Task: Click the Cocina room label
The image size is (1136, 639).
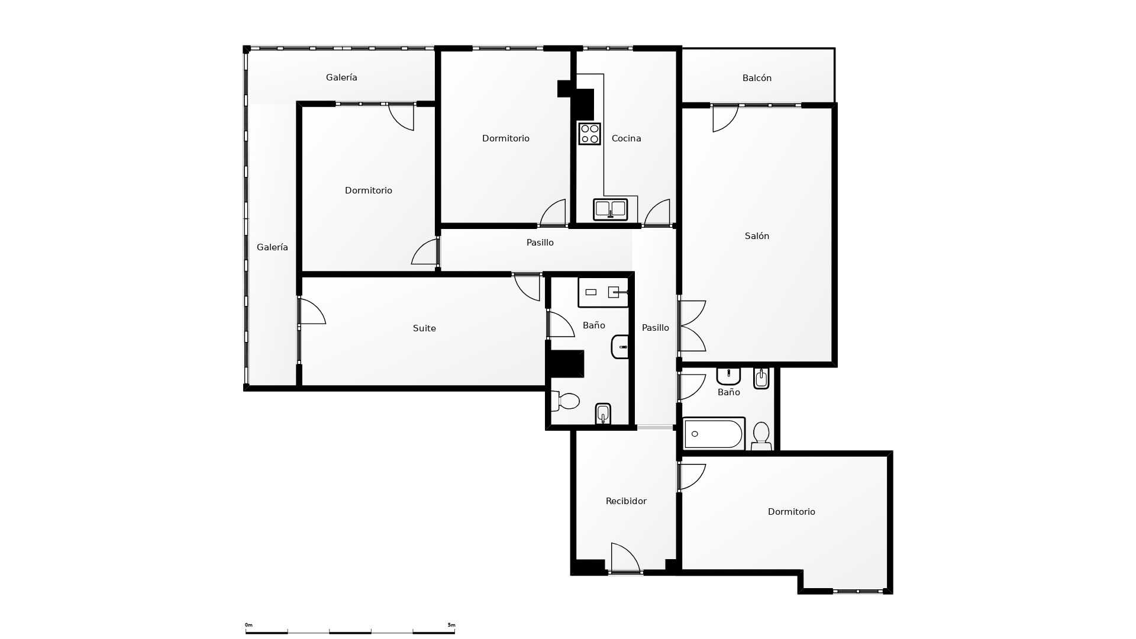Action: [626, 138]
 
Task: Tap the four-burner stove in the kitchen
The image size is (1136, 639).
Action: [589, 134]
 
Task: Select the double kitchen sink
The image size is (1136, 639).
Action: [611, 209]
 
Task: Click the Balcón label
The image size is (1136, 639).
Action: [757, 78]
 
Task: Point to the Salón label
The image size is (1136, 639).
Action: [757, 236]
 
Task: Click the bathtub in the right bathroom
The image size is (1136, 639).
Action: [714, 434]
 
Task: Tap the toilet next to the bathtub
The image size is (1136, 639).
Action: [761, 436]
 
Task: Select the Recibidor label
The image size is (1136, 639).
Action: [626, 501]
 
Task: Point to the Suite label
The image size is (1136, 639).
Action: [424, 328]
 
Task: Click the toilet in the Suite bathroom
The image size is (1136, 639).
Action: [565, 401]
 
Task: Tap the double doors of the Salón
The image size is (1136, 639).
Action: [692, 326]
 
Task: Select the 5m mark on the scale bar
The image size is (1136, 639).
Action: [451, 625]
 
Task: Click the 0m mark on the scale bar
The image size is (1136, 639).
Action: [248, 625]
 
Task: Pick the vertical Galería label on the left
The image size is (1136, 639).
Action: [272, 247]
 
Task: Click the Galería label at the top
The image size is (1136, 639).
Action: [341, 78]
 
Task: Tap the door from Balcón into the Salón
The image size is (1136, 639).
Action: [725, 118]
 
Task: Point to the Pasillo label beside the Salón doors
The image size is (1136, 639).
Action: [656, 328]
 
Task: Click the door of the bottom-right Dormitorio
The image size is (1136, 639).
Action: [692, 477]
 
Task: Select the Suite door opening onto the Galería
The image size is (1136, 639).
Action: [312, 311]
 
